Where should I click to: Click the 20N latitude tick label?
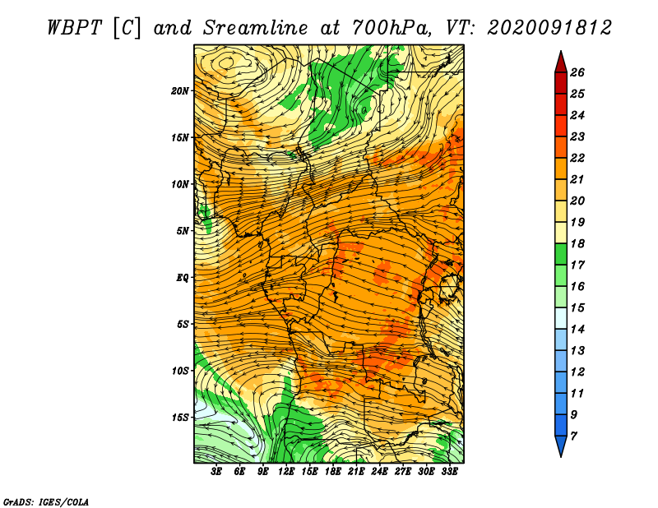[x=180, y=91]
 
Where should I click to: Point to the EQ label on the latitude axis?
[x=182, y=278]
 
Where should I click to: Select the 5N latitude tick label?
[x=183, y=231]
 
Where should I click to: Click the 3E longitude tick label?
[x=216, y=472]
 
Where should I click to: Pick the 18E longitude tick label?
[x=333, y=472]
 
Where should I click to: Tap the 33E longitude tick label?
[x=449, y=472]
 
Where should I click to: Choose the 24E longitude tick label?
[x=379, y=472]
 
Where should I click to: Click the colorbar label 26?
[x=577, y=73]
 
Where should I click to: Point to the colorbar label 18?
[x=577, y=243]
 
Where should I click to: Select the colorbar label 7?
[x=573, y=436]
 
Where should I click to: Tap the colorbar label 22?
[x=577, y=158]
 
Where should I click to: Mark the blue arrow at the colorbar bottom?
[x=561, y=445]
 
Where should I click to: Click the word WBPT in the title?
[x=74, y=28]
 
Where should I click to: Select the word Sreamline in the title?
[x=255, y=28]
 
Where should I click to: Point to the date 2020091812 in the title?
[x=549, y=28]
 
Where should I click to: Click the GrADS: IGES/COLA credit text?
[x=46, y=502]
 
